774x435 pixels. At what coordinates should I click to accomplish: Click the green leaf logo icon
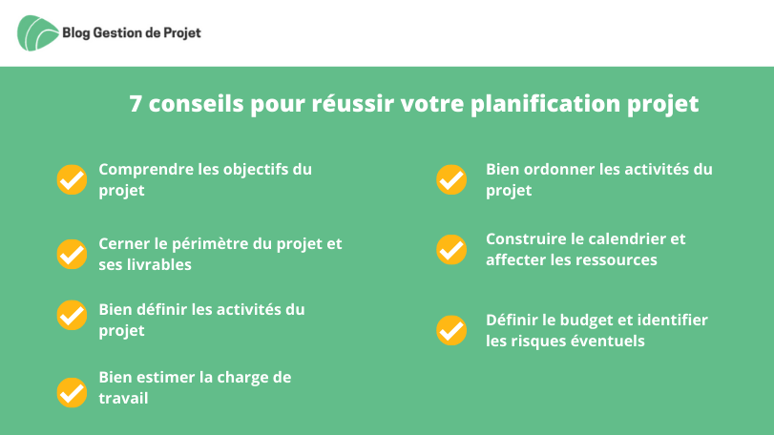click(37, 33)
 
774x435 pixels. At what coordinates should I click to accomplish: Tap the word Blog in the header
click(76, 33)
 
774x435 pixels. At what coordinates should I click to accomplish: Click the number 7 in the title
click(136, 104)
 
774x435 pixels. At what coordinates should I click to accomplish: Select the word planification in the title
click(545, 105)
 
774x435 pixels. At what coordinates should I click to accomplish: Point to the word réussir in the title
click(352, 104)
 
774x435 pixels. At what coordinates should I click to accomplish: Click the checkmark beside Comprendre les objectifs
click(73, 179)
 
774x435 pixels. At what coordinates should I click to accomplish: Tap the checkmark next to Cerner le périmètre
click(73, 254)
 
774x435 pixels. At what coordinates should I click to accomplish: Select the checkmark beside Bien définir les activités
click(73, 315)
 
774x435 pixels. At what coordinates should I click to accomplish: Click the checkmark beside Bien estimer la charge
click(73, 393)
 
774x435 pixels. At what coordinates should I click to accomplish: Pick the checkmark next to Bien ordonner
click(451, 179)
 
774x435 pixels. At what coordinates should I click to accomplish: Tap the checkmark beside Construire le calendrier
click(451, 250)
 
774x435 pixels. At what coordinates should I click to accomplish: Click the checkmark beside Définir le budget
click(451, 330)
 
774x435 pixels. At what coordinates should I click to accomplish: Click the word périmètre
click(209, 244)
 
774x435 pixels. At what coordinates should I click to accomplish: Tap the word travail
click(123, 398)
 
